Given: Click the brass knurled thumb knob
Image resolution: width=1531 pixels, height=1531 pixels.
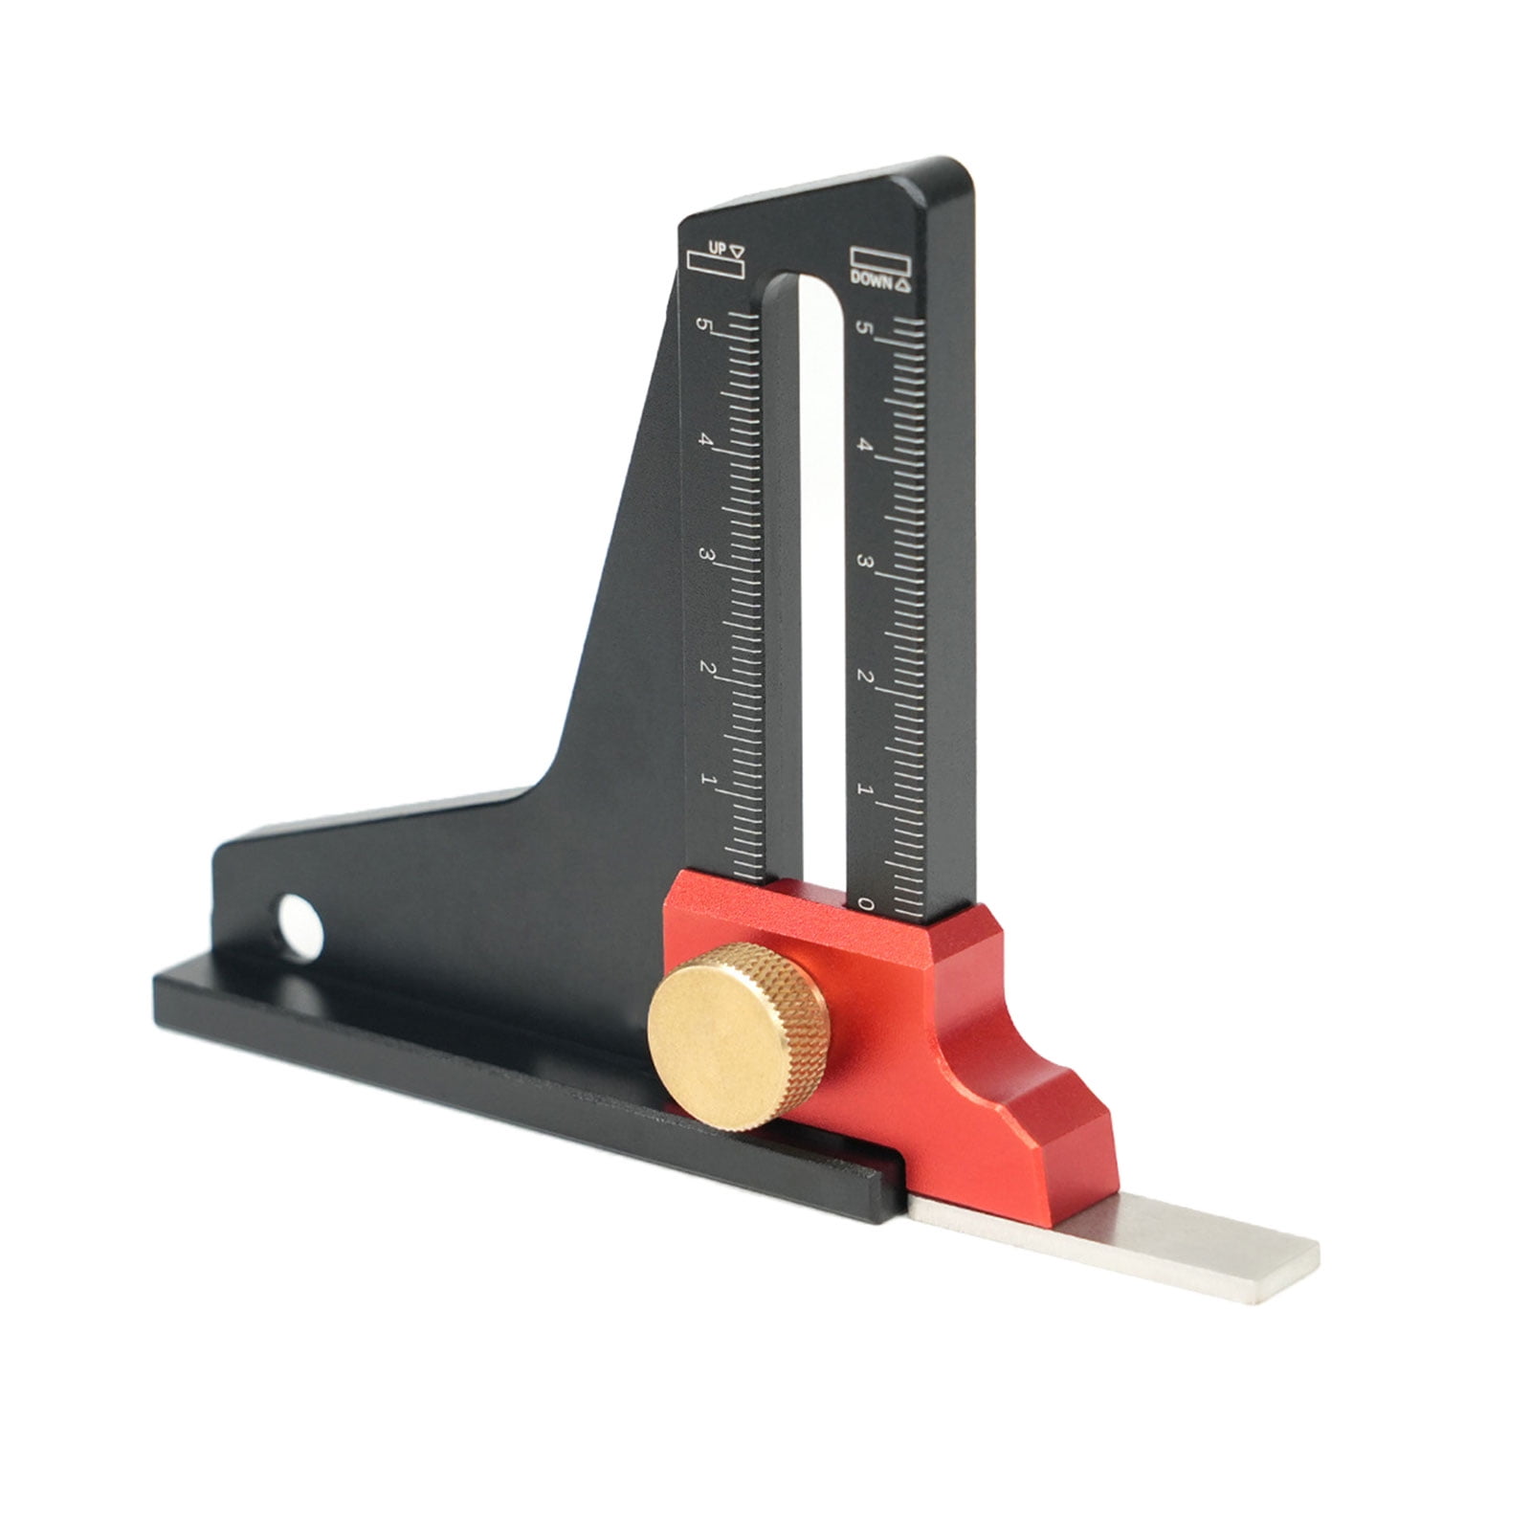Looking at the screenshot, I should [x=737, y=1035].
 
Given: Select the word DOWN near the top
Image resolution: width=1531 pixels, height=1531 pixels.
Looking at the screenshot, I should [x=873, y=283].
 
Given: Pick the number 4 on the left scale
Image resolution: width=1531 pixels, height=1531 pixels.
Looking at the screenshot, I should [x=707, y=441].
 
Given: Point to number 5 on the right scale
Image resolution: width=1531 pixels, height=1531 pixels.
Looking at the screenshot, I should [x=867, y=329].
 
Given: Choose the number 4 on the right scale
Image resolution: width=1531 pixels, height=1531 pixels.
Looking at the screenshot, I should [x=867, y=446].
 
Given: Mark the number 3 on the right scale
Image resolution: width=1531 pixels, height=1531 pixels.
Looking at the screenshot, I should [x=867, y=562].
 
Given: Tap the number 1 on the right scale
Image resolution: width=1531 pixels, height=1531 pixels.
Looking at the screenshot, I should [x=866, y=790].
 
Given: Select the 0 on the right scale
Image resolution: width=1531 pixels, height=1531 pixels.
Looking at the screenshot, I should [x=866, y=903].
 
